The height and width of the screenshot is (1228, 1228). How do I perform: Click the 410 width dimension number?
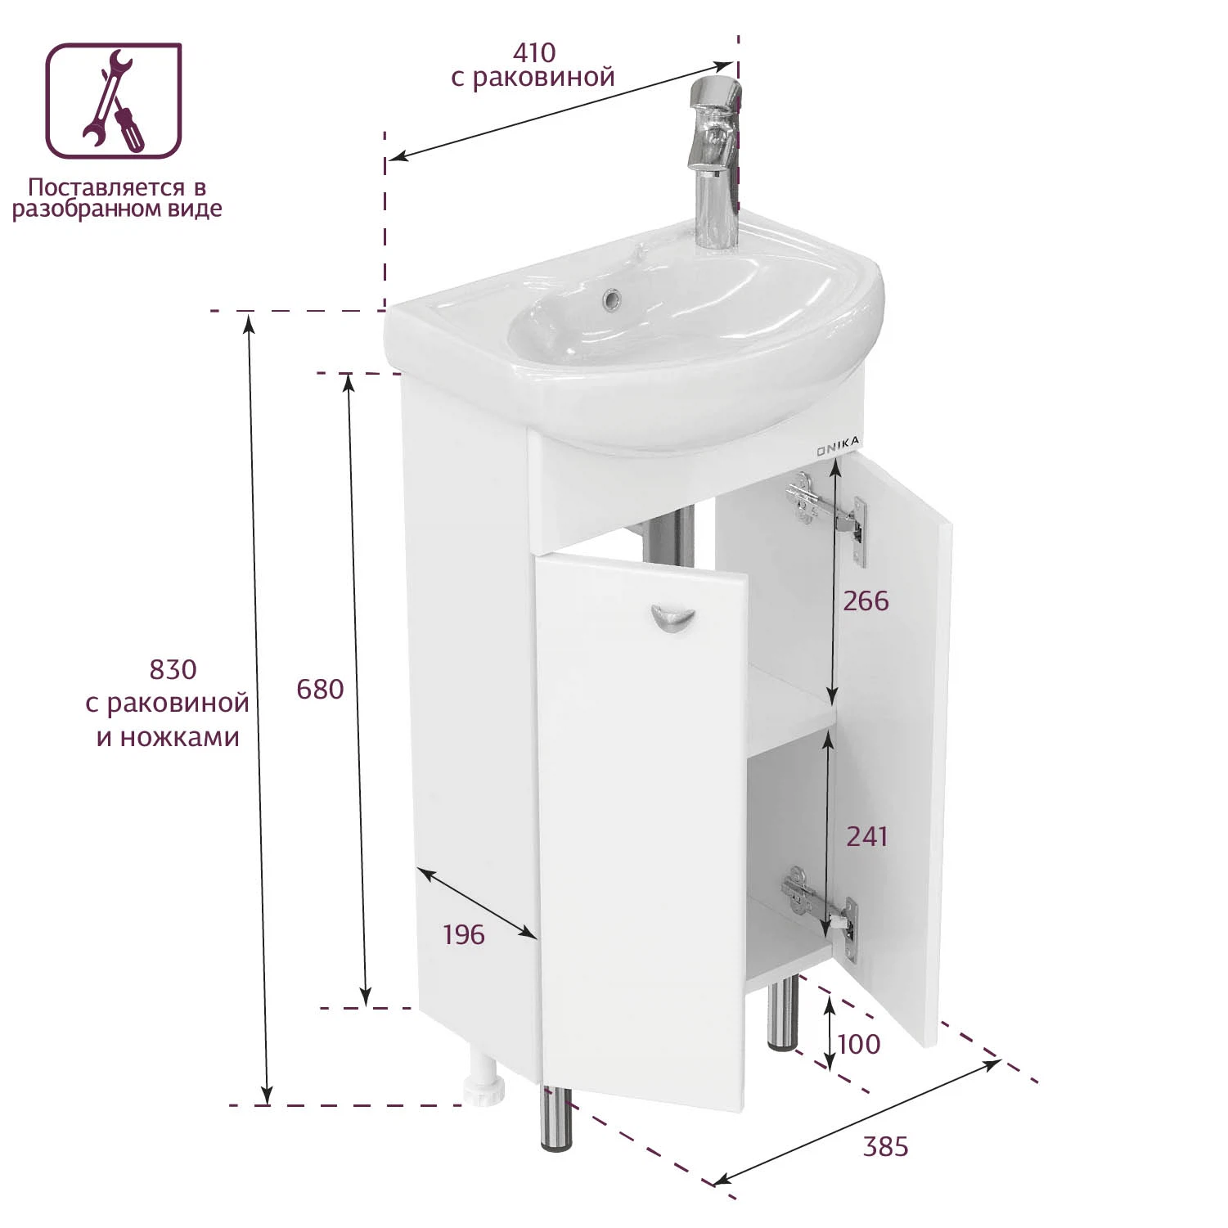tap(534, 52)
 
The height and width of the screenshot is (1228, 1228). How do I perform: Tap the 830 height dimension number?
tap(173, 670)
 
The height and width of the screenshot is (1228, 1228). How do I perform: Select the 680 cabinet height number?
tap(320, 690)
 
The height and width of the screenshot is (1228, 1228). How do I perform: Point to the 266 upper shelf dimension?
tap(866, 601)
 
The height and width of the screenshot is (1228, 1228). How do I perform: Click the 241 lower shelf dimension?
tap(866, 836)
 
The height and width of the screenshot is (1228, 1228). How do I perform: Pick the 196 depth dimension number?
tap(464, 934)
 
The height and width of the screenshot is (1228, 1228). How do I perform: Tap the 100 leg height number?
tap(859, 1044)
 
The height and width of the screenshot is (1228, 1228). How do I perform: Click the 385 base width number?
tap(886, 1146)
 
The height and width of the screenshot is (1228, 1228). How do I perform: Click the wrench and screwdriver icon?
tap(114, 101)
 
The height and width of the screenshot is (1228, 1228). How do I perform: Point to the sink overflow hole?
tap(610, 299)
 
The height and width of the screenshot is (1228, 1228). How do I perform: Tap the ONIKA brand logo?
tap(838, 446)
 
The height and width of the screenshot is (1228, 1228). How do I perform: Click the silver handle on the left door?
tap(672, 619)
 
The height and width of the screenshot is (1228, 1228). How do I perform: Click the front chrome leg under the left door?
tap(557, 1118)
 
